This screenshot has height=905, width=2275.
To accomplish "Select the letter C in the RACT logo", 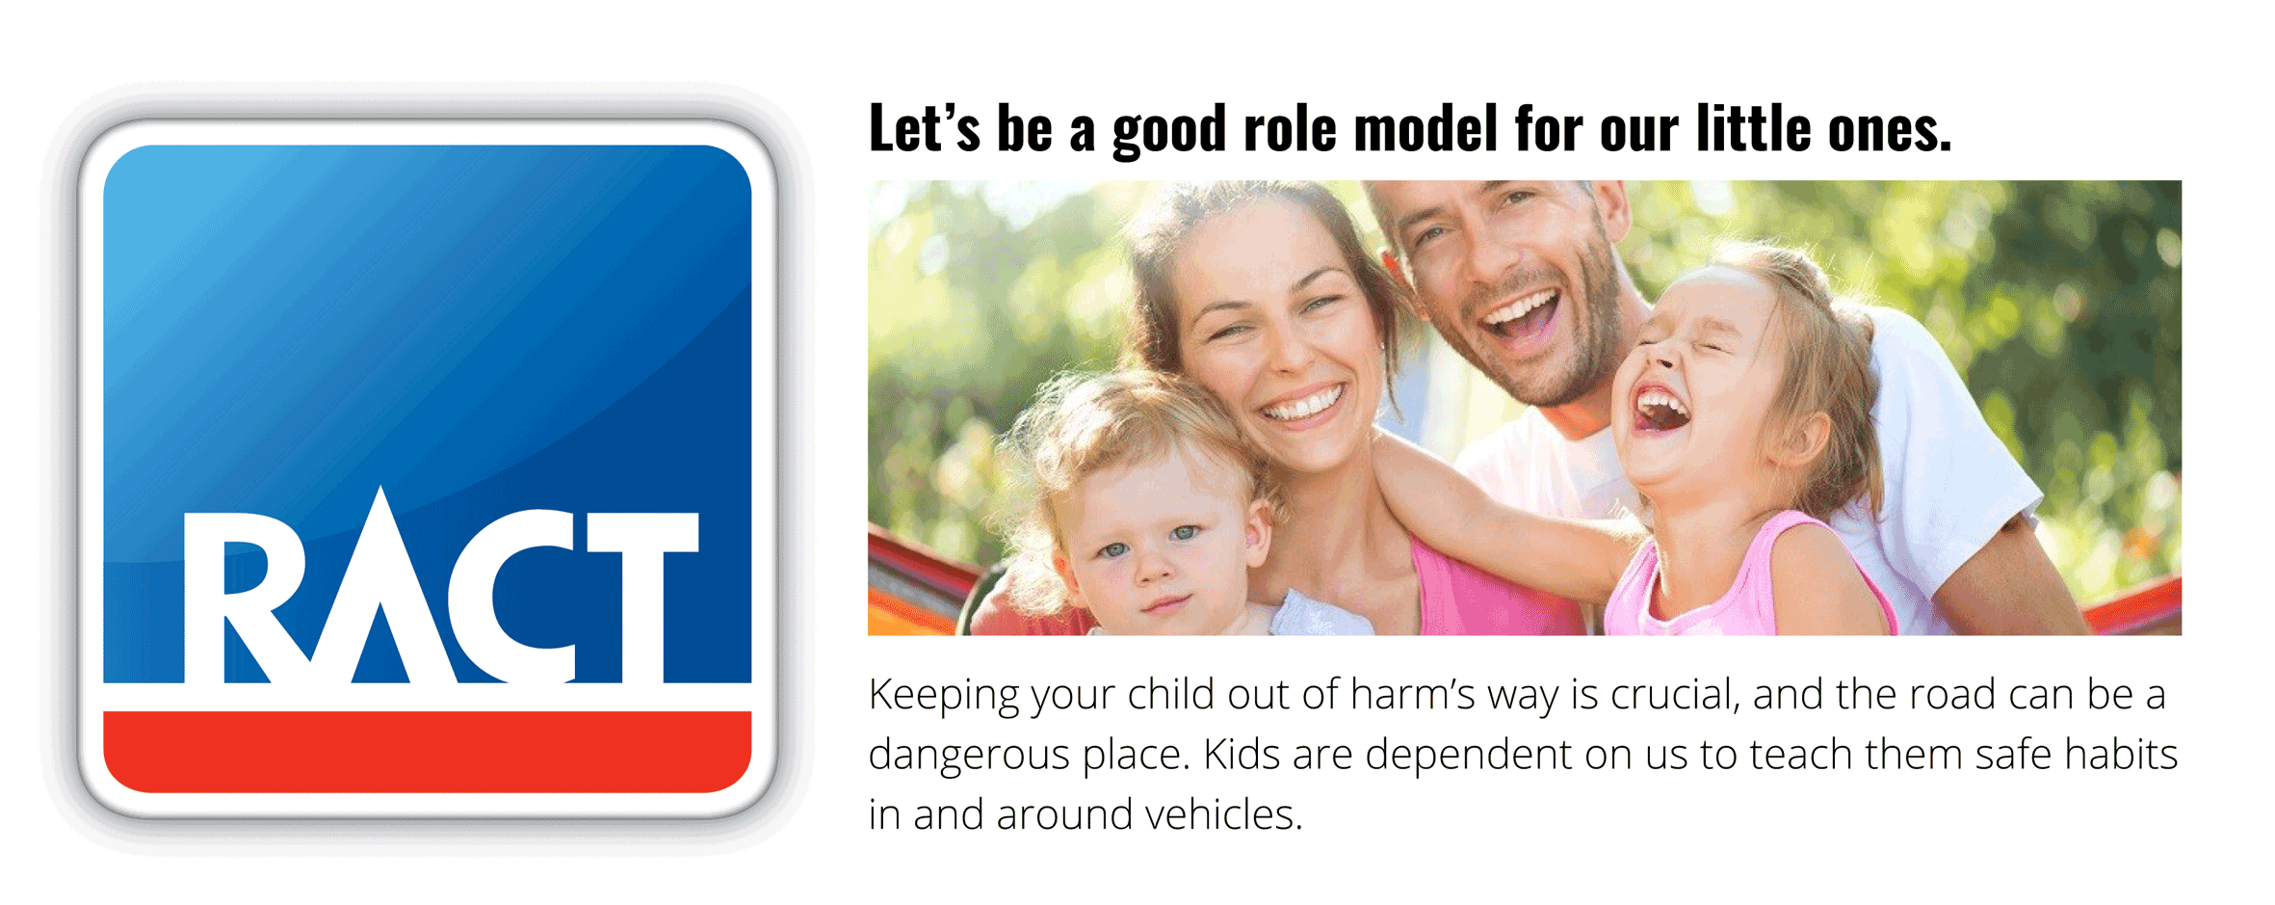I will pos(525,598).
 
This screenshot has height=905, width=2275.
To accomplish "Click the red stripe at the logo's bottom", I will pos(427,752).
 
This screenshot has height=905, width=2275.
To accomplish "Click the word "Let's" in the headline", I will pos(924,128).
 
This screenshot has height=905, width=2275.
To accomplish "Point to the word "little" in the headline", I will pos(1753,128).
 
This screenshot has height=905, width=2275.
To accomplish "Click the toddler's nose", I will pos(1152,569).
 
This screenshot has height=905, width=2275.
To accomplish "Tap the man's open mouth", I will pos(1523,318).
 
